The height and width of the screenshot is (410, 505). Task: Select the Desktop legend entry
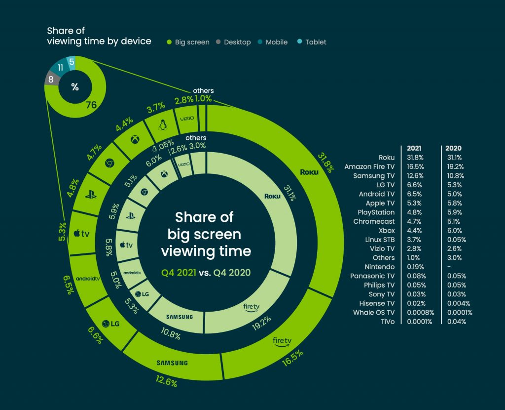[233, 42]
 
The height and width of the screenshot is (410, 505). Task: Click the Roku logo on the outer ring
[309, 172]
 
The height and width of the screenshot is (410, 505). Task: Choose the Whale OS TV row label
[374, 312]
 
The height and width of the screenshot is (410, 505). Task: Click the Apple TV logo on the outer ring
[82, 234]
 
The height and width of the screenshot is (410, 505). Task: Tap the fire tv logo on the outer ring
[282, 341]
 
